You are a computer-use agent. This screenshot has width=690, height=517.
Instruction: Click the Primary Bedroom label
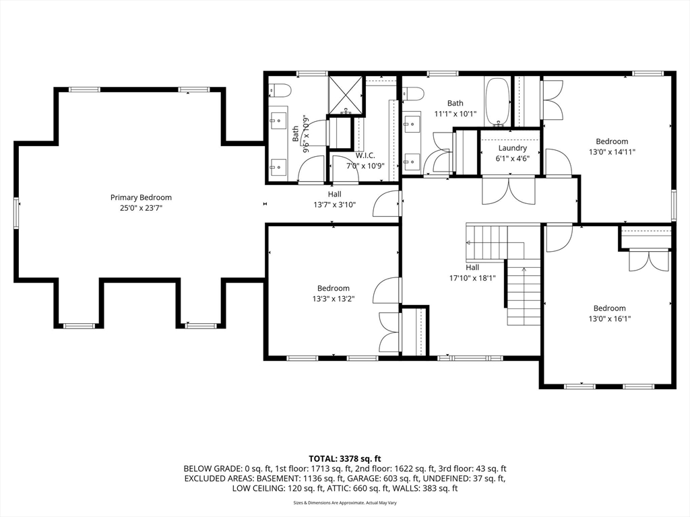[141, 198]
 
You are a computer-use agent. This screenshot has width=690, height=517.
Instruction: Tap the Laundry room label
[512, 148]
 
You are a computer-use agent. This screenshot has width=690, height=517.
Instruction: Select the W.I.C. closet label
[365, 156]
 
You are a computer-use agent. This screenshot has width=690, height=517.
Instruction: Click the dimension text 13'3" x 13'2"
[334, 299]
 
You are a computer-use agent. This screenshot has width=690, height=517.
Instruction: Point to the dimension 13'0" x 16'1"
[609, 318]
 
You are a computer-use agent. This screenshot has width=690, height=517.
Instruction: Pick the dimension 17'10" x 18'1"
[472, 278]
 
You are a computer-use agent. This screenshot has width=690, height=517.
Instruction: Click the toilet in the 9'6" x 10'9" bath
[280, 92]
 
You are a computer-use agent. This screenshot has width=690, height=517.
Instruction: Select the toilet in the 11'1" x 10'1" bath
[413, 93]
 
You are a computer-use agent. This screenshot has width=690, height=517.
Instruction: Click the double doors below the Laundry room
[509, 190]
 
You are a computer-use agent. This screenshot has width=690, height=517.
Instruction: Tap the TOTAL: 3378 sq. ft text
[345, 459]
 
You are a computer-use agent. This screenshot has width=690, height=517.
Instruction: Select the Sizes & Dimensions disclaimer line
[345, 502]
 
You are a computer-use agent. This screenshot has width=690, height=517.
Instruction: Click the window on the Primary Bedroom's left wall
[16, 213]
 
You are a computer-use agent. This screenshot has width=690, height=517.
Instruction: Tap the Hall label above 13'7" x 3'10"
[334, 194]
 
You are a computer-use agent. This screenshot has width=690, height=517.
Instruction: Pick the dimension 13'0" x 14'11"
[612, 152]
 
